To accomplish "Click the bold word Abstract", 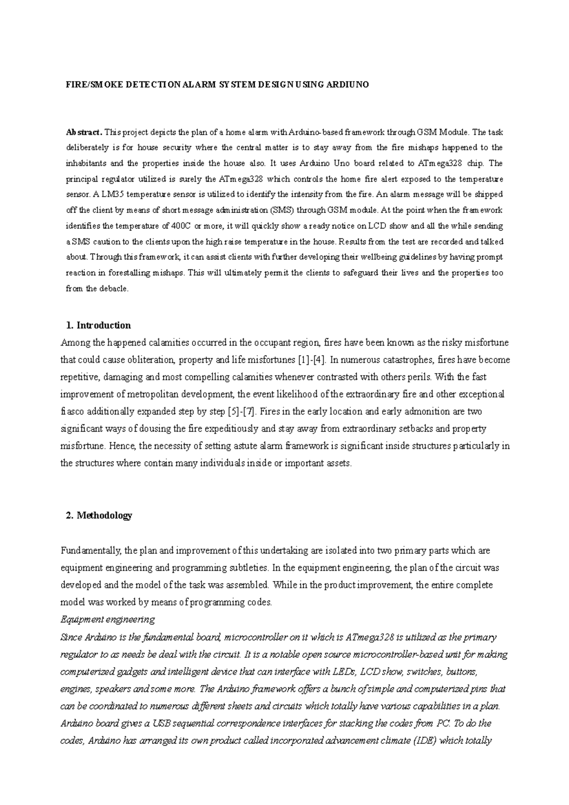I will (84, 132).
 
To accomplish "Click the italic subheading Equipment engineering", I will (108, 620).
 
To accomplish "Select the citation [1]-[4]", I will (312, 360).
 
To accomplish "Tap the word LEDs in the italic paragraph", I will (348, 672).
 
